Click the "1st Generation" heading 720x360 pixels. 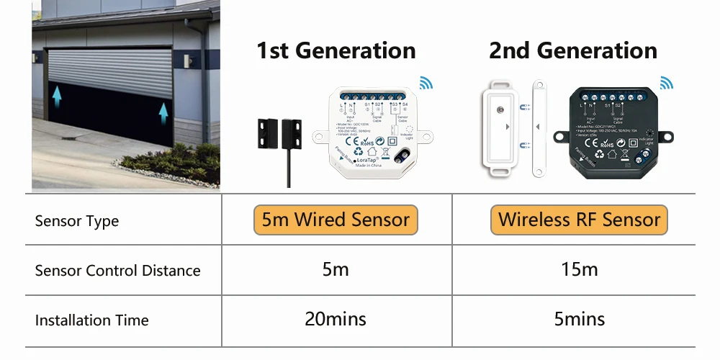pyautogui.click(x=336, y=51)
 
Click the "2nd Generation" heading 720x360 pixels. pyautogui.click(x=572, y=51)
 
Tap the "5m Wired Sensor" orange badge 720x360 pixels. pyautogui.click(x=336, y=220)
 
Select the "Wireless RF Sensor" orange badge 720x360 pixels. pyautogui.click(x=579, y=220)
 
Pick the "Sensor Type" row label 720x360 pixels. pyautogui.click(x=77, y=221)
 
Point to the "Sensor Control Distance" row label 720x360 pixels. pyautogui.click(x=117, y=271)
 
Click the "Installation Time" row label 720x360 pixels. pyautogui.click(x=91, y=320)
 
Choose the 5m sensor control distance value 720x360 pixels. pyautogui.click(x=336, y=270)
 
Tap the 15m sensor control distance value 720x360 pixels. pyautogui.click(x=579, y=270)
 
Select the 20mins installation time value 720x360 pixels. pyautogui.click(x=336, y=319)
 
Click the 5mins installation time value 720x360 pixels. pyautogui.click(x=580, y=319)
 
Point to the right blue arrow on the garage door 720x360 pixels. pyautogui.click(x=163, y=112)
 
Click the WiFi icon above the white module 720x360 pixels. pyautogui.click(x=426, y=84)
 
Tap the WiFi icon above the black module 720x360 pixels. pyautogui.click(x=667, y=84)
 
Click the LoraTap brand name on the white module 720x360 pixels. pyautogui.click(x=367, y=159)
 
